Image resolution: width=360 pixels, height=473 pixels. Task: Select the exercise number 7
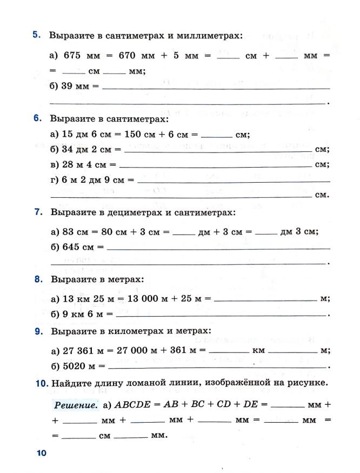pyautogui.click(x=38, y=212)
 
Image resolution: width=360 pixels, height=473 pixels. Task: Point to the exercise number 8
pyautogui.click(x=38, y=279)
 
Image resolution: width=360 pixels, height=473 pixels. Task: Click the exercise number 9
pyautogui.click(x=38, y=331)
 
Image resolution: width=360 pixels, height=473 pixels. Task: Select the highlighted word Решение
pyautogui.click(x=76, y=404)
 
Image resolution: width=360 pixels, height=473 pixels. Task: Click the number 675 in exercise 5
pyautogui.click(x=72, y=55)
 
